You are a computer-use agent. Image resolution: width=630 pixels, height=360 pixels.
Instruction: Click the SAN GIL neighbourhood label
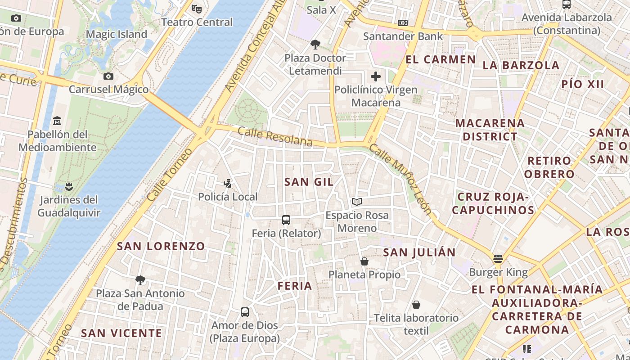click(x=309, y=182)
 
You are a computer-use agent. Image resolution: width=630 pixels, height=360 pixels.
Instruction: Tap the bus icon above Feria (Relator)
click(x=286, y=220)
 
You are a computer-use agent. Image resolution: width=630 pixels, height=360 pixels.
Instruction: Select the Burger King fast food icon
click(x=498, y=259)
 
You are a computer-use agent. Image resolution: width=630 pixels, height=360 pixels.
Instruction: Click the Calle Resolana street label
click(x=275, y=136)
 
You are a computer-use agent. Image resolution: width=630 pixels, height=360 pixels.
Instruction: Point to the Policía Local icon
click(x=228, y=183)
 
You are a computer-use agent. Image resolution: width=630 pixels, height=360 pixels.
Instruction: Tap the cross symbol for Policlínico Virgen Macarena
click(x=376, y=76)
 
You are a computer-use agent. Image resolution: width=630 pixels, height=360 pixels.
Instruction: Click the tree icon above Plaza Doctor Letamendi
click(x=315, y=44)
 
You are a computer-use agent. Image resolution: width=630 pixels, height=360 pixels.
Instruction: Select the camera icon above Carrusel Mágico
click(x=108, y=76)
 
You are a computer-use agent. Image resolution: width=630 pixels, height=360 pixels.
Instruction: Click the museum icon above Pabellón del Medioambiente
click(x=57, y=121)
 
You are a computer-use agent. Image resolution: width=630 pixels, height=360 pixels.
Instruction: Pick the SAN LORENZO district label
click(x=161, y=246)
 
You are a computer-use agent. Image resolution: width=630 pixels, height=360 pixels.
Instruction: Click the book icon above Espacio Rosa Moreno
click(x=357, y=202)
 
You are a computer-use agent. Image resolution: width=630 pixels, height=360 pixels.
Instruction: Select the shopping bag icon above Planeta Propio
click(x=364, y=261)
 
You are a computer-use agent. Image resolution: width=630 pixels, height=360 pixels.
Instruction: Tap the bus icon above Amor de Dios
click(x=245, y=312)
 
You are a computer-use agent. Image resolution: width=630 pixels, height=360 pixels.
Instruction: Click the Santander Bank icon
click(x=403, y=22)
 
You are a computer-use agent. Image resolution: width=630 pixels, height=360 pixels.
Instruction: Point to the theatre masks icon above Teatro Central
click(x=197, y=8)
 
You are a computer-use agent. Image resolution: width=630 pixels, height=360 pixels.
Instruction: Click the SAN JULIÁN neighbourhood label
click(x=419, y=252)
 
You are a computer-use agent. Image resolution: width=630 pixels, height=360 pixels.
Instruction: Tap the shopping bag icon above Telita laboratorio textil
click(x=416, y=305)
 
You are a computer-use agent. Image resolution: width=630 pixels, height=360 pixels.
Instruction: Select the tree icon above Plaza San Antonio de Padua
click(x=140, y=280)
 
